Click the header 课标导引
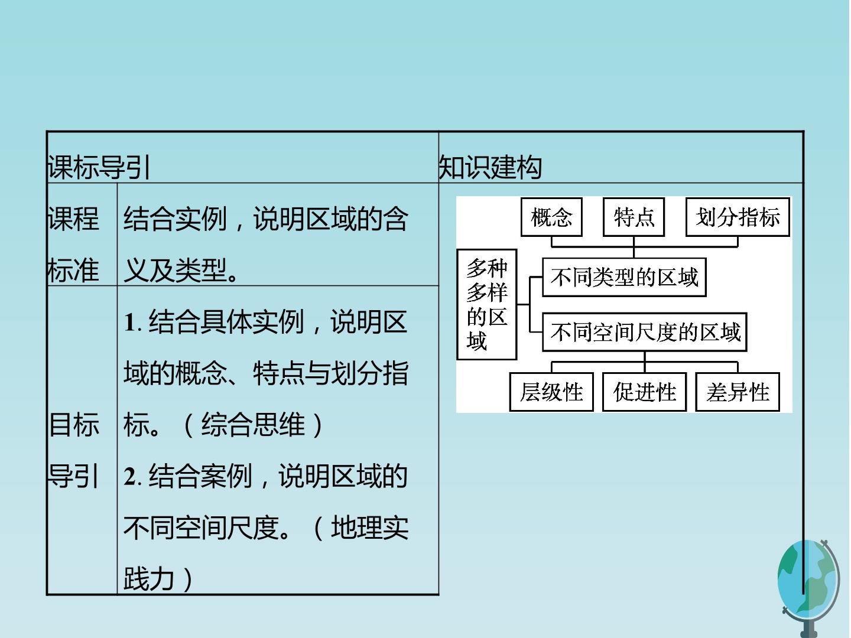[x=99, y=167]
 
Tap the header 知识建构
[x=490, y=167]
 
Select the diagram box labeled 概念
[x=551, y=217]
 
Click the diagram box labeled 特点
[x=634, y=217]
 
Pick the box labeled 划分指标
[x=738, y=217]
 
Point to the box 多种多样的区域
[x=486, y=304]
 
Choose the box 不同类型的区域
[x=624, y=278]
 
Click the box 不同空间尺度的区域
[x=644, y=333]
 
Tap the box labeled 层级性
[x=551, y=392]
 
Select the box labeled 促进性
[x=644, y=392]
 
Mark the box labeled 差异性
[x=738, y=392]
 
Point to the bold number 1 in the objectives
[x=130, y=323]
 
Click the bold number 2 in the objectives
[x=130, y=477]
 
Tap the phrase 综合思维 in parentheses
[x=253, y=425]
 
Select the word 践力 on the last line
[x=149, y=579]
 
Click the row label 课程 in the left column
[x=73, y=219]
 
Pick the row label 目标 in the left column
[x=74, y=425]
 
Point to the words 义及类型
[x=175, y=270]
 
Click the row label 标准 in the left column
[x=73, y=270]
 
